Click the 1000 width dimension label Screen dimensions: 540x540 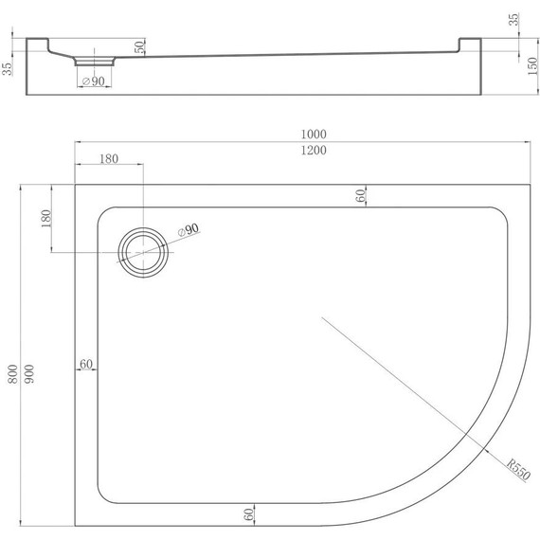(x=314, y=134)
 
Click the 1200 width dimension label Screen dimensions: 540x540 (x=314, y=150)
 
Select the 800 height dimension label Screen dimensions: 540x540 (x=12, y=374)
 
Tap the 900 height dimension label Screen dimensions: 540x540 (x=29, y=374)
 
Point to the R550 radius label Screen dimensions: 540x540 (x=518, y=469)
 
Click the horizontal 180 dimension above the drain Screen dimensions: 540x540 (x=109, y=159)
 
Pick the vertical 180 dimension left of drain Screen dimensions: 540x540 (x=45, y=218)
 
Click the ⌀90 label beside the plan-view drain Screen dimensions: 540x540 (x=189, y=229)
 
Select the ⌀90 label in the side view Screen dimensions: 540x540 (x=94, y=81)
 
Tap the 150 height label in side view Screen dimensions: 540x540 (x=532, y=66)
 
